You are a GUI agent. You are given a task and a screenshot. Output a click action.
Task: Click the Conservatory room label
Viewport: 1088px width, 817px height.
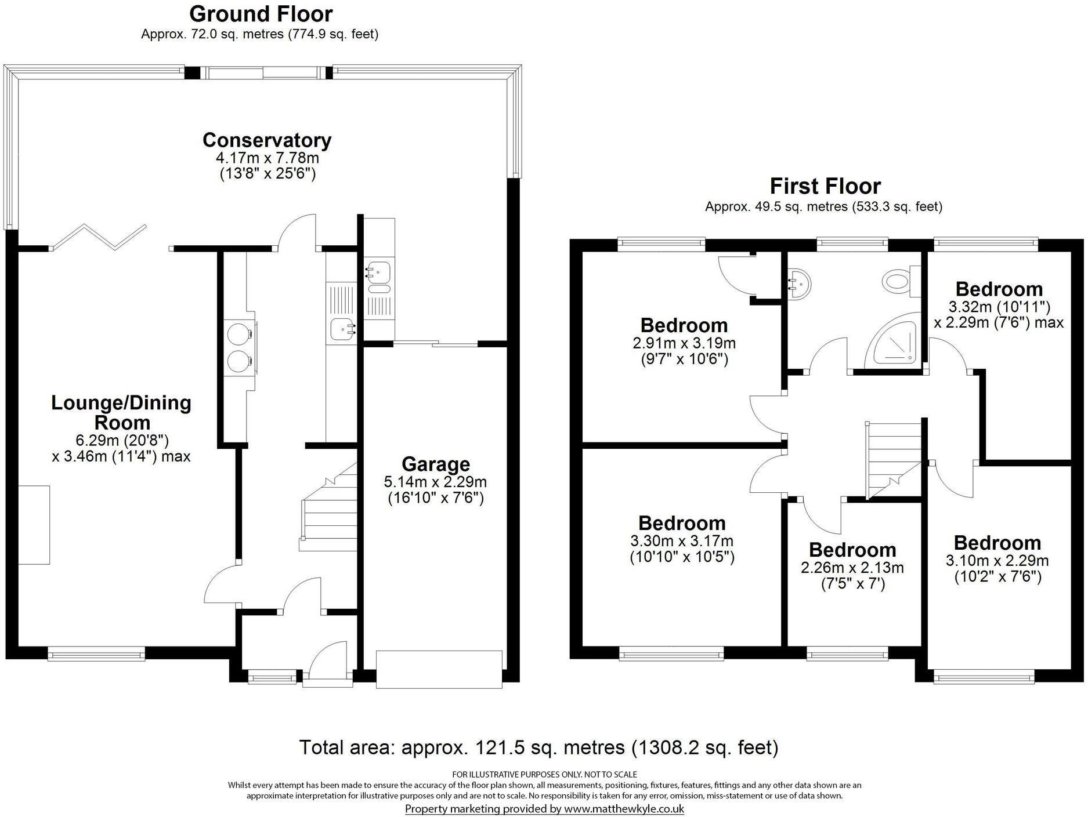(267, 140)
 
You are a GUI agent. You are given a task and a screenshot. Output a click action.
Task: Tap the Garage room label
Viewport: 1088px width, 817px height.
(435, 464)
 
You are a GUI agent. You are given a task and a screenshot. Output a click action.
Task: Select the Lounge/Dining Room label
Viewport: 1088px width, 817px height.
(121, 412)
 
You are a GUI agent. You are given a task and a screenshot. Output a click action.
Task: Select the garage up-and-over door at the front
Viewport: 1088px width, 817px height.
(439, 670)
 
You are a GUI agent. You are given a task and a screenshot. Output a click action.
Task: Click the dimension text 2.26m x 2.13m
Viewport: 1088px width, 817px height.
(852, 568)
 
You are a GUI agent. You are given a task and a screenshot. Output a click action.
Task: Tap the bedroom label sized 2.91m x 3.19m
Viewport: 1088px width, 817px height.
(684, 325)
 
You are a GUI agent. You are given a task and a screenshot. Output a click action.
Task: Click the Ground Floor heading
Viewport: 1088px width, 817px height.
(261, 14)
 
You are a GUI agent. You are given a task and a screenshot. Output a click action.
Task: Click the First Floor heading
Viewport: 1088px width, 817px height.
(825, 186)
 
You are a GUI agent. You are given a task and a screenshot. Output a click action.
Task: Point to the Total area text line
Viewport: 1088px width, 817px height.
(538, 747)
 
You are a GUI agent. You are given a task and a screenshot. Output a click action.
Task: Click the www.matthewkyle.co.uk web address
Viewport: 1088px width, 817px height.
(624, 809)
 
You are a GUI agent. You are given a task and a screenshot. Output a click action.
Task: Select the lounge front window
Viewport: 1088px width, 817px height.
(96, 654)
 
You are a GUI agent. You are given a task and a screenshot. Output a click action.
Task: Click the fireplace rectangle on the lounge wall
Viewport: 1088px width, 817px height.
(34, 525)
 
